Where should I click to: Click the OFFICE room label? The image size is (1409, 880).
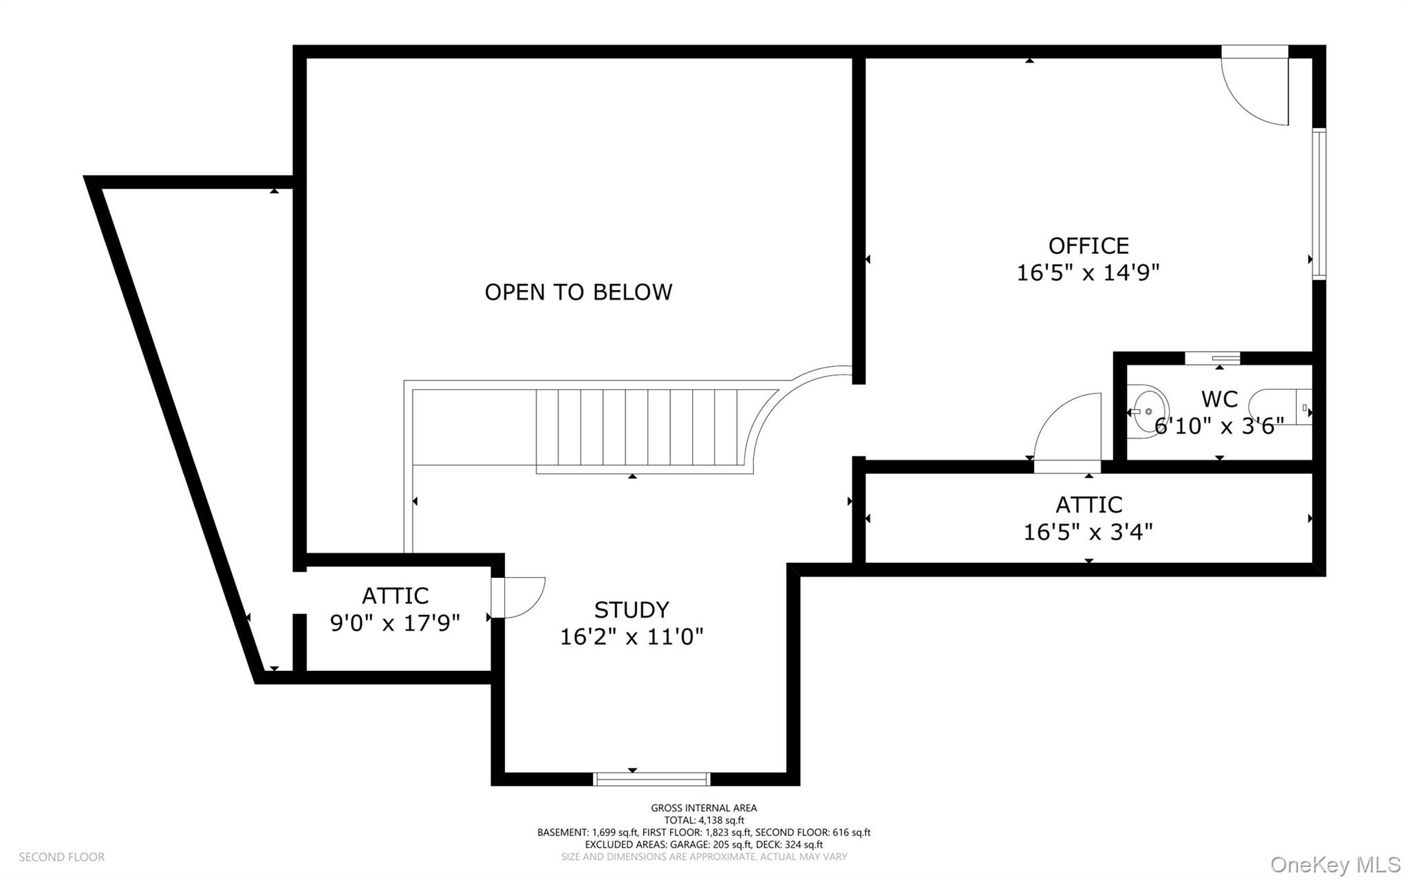pos(1088,246)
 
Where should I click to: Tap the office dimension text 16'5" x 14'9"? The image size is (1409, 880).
pos(1088,272)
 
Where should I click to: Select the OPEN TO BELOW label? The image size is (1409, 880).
pos(579,292)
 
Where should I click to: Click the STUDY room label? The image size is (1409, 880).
pos(632,610)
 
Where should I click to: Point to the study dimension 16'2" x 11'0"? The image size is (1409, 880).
pos(632,636)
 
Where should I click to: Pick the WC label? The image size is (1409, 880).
pos(1219,399)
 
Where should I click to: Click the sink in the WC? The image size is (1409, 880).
pos(1146,411)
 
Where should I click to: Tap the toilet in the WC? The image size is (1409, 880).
pos(1280,407)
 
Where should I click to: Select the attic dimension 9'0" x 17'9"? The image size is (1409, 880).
pos(395,623)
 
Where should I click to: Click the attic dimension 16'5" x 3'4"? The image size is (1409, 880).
pos(1088,532)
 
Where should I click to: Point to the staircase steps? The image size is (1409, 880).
pos(636,428)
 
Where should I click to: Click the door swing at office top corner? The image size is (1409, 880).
pos(1254,85)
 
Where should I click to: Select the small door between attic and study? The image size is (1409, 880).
pos(517,597)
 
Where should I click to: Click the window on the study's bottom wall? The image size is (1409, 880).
pos(651,779)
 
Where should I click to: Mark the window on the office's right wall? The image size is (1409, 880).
pos(1319,204)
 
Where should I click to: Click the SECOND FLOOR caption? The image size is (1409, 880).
pos(62,857)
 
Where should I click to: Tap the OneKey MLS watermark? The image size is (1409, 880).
pos(1335,864)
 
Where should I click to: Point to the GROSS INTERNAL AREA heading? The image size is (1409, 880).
pos(704,808)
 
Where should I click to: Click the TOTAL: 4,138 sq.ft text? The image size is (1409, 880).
pos(704,820)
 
